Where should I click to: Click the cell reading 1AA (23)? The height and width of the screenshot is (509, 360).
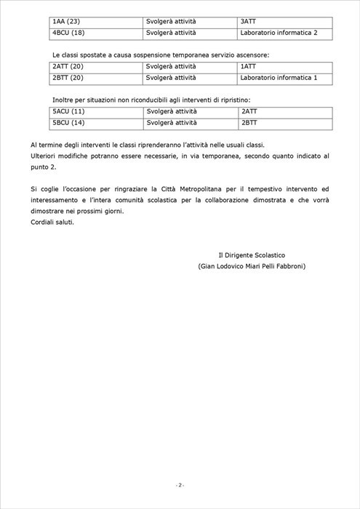click(x=67, y=22)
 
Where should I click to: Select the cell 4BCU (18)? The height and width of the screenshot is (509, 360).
click(x=69, y=33)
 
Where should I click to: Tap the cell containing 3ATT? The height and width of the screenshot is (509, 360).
click(x=248, y=22)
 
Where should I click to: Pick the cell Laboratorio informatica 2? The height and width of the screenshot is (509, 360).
click(x=279, y=33)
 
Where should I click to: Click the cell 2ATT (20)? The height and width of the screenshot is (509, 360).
click(x=68, y=67)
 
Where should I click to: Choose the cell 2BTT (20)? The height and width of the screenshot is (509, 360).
click(x=68, y=78)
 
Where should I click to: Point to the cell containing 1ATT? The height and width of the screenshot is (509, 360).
click(x=248, y=67)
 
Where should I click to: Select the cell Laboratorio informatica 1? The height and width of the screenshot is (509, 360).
click(x=279, y=78)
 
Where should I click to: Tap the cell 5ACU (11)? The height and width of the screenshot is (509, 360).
click(x=69, y=111)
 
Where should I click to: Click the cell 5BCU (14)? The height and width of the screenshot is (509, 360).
click(x=69, y=123)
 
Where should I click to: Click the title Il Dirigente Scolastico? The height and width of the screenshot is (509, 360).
click(x=252, y=255)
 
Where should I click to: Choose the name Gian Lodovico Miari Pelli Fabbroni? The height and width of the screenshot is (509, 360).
click(x=252, y=267)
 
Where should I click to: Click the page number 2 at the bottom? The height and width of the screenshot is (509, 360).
click(x=180, y=485)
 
